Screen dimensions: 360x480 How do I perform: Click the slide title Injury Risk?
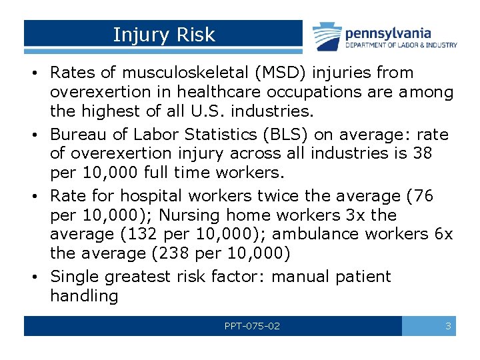pos(164,35)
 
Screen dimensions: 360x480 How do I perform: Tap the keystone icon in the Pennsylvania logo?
pos(327,37)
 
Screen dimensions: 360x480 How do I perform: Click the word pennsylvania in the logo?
pos(387,33)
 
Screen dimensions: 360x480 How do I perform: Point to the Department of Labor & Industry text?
pos(401,45)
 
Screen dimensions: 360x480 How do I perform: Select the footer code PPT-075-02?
pos(252,327)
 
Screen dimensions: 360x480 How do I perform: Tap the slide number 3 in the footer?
pos(448,327)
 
